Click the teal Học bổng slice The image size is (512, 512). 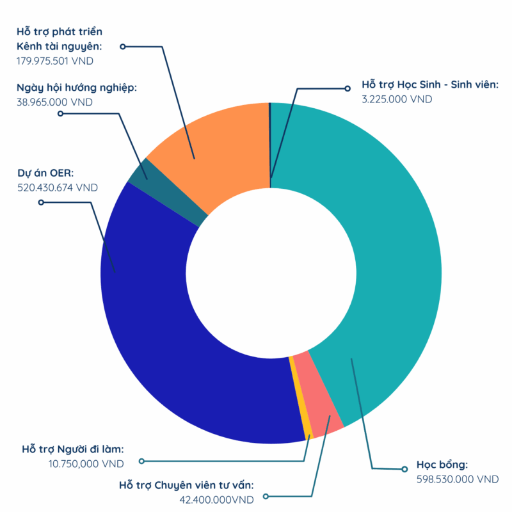(390, 256)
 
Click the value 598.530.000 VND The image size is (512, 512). (457, 479)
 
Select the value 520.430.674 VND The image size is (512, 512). (58, 188)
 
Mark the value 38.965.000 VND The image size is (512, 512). (54, 102)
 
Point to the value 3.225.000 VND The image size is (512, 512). (397, 99)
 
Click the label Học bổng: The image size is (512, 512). (442, 465)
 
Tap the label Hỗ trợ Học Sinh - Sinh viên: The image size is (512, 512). (430, 85)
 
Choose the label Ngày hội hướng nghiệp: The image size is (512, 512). (77, 88)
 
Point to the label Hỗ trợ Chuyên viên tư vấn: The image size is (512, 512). (191, 485)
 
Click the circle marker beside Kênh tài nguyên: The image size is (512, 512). (123, 47)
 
